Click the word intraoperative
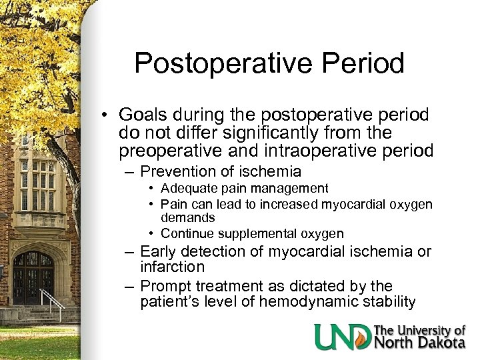point(312,150)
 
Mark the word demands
point(187,217)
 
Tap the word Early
point(159,251)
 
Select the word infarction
point(173,267)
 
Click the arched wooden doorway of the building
point(33,277)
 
